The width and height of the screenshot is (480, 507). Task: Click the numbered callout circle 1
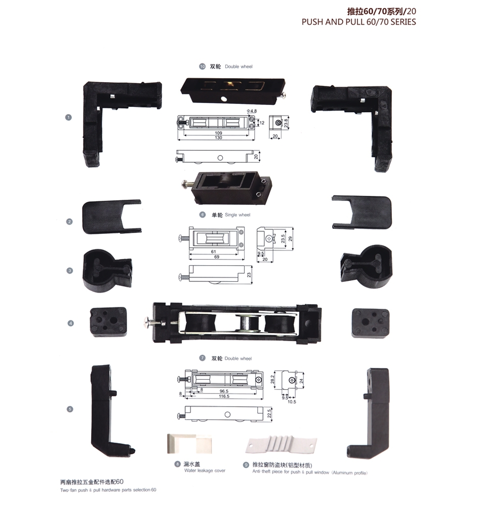pos(69,117)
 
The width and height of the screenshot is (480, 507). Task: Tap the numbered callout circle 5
pos(69,409)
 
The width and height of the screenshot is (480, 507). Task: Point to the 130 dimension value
pos(219,138)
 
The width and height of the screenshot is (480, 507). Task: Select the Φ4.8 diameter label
pos(252,111)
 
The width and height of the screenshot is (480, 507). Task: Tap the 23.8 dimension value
pos(286,122)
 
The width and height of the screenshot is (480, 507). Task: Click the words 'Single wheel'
pos(237,215)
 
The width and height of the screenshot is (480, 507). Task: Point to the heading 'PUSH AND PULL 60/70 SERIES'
pos(358,22)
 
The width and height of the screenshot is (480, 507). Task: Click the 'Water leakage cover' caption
pos(205,470)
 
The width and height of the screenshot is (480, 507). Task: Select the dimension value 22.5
pos(269,413)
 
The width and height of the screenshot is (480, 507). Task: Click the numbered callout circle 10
pos(203,66)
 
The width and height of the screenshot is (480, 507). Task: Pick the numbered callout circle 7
pos(203,358)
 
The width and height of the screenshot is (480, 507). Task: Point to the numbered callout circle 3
pos(69,270)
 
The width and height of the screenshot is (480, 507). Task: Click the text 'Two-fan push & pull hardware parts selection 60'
pos(108,490)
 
